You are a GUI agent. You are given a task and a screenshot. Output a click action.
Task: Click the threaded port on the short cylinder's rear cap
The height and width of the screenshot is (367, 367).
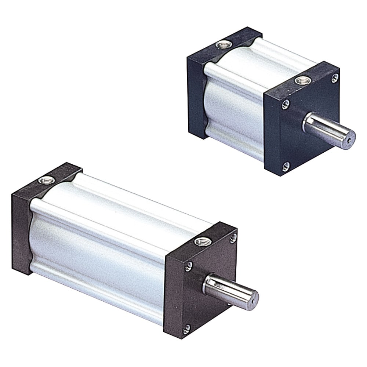[x=222, y=45]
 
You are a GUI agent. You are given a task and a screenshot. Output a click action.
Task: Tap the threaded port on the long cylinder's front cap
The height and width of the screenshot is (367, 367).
[x=201, y=241]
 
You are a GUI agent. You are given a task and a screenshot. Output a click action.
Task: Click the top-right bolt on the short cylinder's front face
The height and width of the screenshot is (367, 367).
[x=334, y=78]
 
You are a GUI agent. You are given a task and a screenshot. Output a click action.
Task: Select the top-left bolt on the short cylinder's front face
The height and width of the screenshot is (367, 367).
[x=285, y=105]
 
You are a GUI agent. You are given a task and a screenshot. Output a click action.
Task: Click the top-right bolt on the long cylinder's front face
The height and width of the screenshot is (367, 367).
[x=233, y=238]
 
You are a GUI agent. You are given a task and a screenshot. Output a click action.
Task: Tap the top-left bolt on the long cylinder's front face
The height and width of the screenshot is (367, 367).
[x=188, y=266]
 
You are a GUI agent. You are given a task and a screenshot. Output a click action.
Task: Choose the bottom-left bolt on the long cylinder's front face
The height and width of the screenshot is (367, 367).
[x=187, y=328]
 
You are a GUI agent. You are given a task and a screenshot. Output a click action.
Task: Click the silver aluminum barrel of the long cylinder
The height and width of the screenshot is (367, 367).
[x=103, y=239]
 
